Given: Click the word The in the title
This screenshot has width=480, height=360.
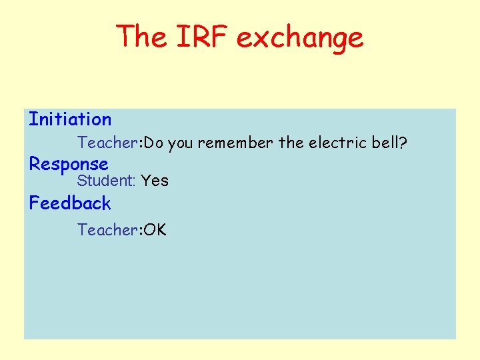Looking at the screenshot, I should coord(143,37).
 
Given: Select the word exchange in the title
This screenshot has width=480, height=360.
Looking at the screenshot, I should coord(300,38).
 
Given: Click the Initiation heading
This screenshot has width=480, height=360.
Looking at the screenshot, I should coord(70,120).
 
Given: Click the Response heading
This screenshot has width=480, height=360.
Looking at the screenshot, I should coord(68,164).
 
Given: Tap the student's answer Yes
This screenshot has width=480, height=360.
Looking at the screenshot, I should coord(155,181).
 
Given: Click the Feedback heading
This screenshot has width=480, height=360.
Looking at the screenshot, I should coord(70,203).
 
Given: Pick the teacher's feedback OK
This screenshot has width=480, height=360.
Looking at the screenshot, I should coord(155,230).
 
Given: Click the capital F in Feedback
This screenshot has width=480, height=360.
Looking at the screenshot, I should coord(34,203).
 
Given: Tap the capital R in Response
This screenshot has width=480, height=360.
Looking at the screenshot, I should coord(35,163).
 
